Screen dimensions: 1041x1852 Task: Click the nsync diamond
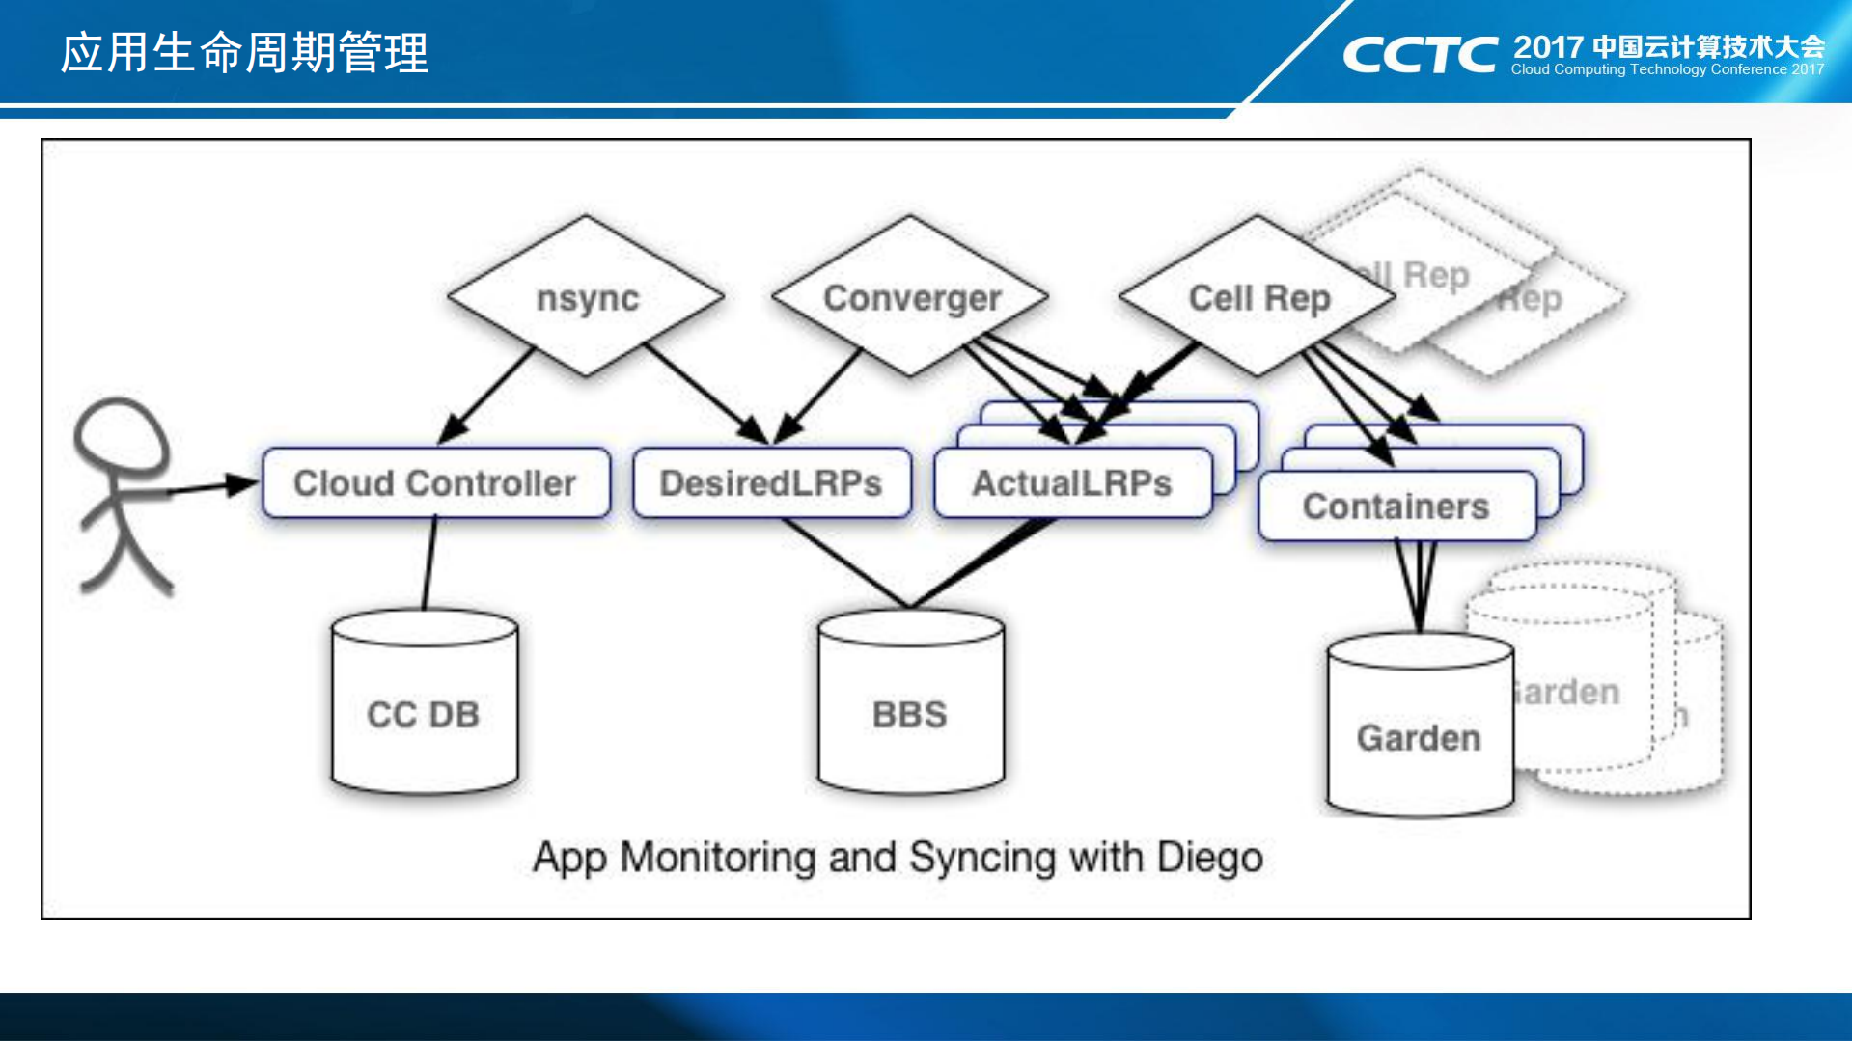587,297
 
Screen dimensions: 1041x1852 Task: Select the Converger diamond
911,297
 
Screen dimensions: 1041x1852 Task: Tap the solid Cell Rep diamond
1258,297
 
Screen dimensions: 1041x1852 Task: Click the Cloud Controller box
435,483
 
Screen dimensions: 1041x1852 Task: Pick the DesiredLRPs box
771,483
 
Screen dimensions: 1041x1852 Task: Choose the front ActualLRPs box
1072,483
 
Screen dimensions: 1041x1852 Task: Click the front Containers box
1396,507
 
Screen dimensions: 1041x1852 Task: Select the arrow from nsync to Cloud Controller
487,396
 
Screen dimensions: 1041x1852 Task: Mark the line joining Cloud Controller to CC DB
429,563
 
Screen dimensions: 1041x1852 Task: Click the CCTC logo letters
1420,55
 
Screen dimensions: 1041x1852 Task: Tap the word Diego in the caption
1210,858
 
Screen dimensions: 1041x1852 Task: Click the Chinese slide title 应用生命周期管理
244,53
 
